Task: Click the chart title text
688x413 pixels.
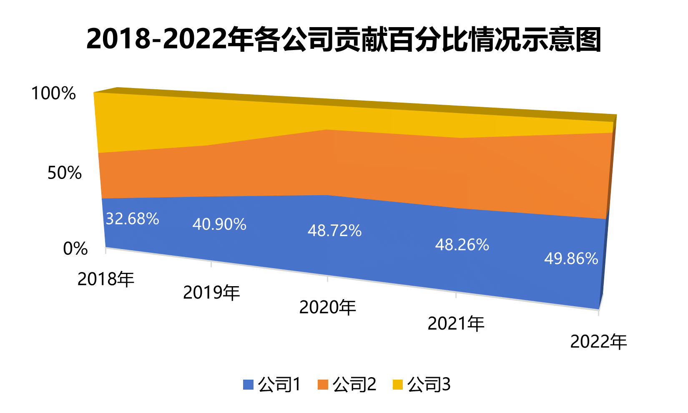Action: pyautogui.click(x=344, y=40)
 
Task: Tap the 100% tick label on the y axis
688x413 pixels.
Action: pyautogui.click(x=53, y=93)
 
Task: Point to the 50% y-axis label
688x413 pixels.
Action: pyautogui.click(x=64, y=173)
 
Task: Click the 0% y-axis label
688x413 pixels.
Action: pyautogui.click(x=75, y=249)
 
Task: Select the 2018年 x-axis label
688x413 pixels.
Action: pyautogui.click(x=106, y=279)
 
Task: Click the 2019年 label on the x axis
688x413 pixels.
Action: pyautogui.click(x=211, y=293)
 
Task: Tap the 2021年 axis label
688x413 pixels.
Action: pyautogui.click(x=456, y=324)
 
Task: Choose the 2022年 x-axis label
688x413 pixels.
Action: pyautogui.click(x=598, y=342)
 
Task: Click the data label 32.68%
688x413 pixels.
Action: pyautogui.click(x=132, y=219)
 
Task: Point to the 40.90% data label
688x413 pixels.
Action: pyautogui.click(x=219, y=225)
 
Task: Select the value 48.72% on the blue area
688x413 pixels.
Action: pyautogui.click(x=334, y=231)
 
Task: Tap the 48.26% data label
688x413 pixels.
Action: pyautogui.click(x=462, y=245)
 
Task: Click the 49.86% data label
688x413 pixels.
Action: pyautogui.click(x=571, y=259)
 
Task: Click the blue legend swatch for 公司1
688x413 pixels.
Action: pyautogui.click(x=248, y=385)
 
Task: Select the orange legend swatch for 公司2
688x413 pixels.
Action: pyautogui.click(x=323, y=385)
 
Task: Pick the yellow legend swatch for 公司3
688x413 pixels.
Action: pyautogui.click(x=398, y=385)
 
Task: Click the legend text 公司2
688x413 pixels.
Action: pyautogui.click(x=354, y=385)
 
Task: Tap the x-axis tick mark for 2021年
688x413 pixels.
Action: pyautogui.click(x=456, y=295)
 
